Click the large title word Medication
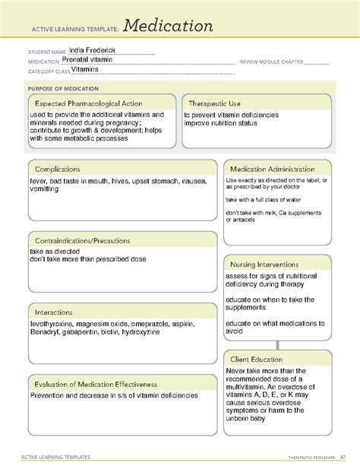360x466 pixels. [168, 27]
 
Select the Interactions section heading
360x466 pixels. [58, 312]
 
